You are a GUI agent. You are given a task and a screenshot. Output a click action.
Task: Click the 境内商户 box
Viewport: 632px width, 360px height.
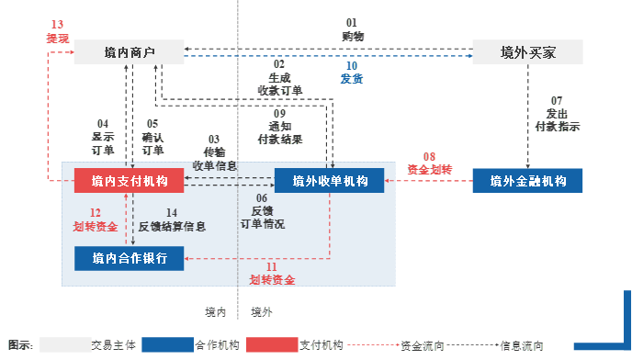130,52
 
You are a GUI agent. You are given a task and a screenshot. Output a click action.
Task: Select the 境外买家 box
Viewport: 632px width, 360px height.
527,52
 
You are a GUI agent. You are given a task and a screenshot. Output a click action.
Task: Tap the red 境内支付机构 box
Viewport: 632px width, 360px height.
130,181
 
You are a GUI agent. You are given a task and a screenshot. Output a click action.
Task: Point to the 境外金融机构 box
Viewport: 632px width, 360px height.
527,181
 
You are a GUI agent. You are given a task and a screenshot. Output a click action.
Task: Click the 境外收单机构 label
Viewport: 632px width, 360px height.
330,181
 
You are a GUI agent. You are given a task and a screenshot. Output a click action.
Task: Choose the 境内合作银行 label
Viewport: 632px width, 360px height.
130,258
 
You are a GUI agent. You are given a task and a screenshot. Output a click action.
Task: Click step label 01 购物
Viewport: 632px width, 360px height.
352,28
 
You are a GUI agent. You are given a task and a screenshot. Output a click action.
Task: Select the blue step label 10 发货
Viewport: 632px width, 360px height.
351,73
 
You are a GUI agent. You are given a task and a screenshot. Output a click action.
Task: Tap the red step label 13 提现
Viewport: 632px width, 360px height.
58,31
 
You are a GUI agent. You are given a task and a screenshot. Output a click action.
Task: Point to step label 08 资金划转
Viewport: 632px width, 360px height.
430,163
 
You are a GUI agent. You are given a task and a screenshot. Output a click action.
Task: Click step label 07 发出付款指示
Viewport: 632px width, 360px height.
557,114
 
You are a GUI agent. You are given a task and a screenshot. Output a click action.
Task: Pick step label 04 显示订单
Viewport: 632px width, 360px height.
103,137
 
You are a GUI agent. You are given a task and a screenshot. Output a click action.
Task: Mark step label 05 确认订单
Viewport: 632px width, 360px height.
152,137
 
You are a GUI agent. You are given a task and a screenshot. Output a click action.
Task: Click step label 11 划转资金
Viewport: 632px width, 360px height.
272,273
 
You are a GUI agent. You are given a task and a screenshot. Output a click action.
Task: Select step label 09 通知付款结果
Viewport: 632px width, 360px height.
280,126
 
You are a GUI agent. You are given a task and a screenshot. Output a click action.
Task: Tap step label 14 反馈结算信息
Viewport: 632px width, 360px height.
172,219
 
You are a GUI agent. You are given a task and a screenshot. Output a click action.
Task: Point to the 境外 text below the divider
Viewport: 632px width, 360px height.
262,312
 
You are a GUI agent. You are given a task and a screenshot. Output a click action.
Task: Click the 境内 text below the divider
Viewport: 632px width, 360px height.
216,312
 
